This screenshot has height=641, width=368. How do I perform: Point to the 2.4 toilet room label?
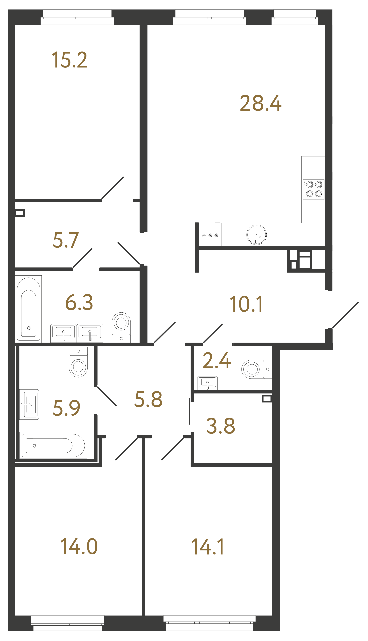[217, 360]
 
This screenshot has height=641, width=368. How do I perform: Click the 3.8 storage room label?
[221, 426]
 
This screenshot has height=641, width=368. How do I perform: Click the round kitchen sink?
[256, 235]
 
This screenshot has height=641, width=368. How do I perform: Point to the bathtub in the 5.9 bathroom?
[53, 445]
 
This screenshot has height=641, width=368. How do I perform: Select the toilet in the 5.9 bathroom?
[78, 362]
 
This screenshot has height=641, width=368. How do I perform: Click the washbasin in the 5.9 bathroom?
[29, 404]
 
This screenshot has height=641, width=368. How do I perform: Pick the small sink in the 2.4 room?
[207, 383]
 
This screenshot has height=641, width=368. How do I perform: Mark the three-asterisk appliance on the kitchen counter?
[210, 235]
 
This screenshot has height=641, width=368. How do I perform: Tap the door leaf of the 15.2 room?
[113, 188]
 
